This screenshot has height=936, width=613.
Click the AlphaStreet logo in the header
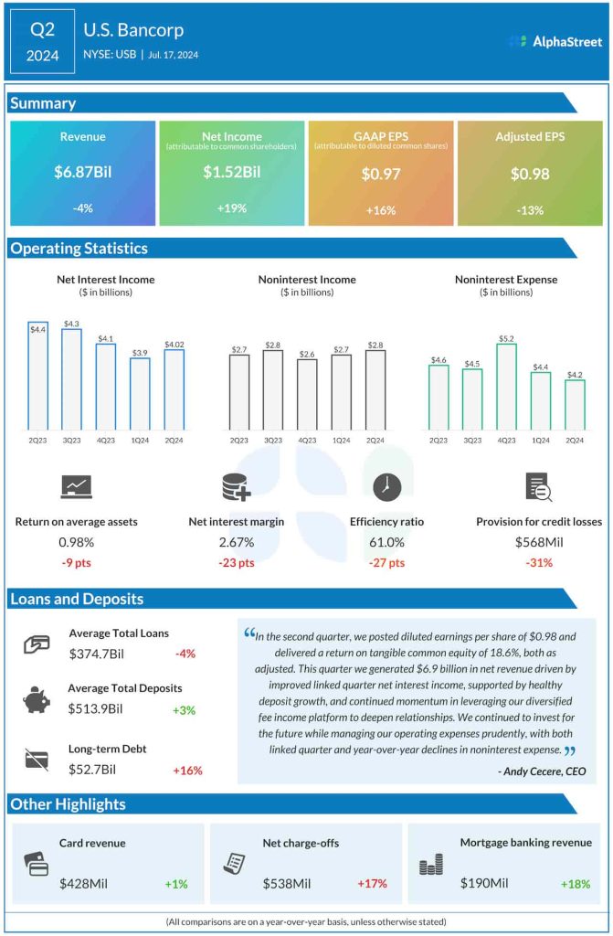555,41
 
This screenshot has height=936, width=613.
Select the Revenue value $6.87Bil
83,172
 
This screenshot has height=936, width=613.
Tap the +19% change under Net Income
231,209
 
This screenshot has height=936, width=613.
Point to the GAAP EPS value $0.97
380,173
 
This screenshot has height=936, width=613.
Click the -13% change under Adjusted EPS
530,209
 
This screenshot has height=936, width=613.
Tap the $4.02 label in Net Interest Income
174,345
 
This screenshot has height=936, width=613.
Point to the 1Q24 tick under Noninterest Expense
541,441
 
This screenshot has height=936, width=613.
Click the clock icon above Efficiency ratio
386,487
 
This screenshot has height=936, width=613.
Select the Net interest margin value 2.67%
236,542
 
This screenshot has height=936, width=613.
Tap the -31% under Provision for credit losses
539,563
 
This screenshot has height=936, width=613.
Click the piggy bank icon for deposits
37,699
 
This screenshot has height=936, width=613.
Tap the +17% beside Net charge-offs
372,884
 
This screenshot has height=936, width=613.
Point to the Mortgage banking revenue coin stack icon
430,865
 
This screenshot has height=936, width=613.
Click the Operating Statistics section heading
79,249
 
